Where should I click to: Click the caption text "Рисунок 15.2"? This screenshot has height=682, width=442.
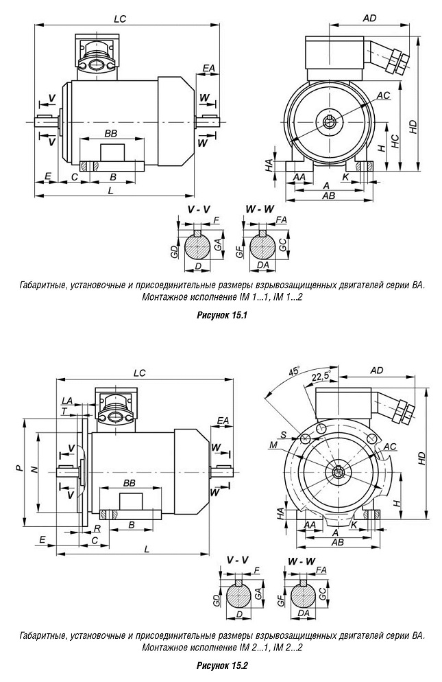tap(221, 666)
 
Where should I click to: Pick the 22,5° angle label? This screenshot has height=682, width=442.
tap(321, 377)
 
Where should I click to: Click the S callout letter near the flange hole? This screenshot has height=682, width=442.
tap(283, 434)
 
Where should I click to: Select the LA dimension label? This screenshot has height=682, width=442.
tap(66, 400)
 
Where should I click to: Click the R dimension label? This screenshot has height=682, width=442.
tap(98, 528)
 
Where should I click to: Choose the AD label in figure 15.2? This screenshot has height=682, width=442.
tap(377, 371)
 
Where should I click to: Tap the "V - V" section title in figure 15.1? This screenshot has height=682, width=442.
tap(199, 208)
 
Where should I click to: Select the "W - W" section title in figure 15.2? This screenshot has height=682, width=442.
tap(302, 561)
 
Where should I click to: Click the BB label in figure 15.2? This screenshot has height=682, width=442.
tap(128, 483)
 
